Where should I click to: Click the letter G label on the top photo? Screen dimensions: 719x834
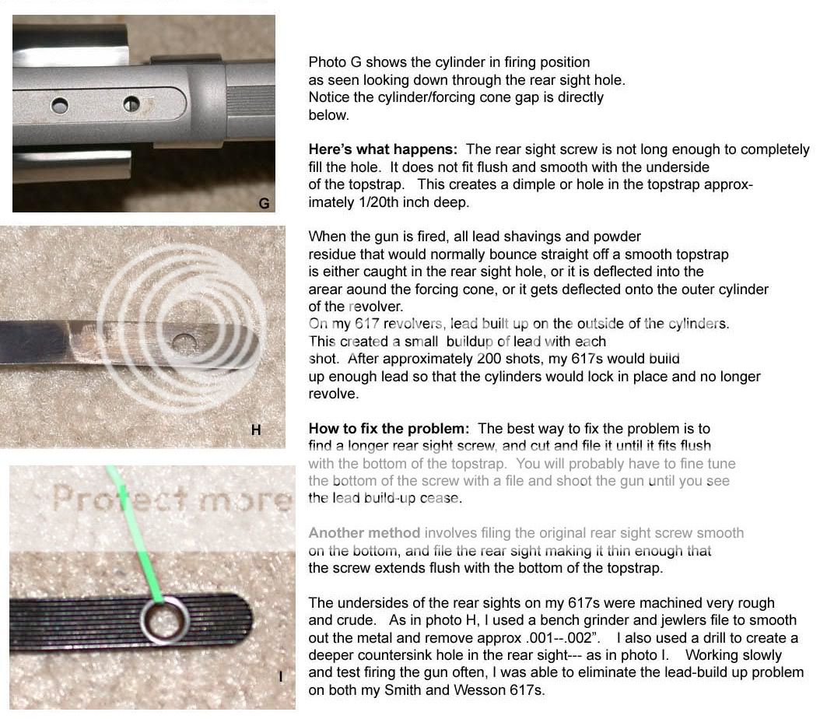[x=264, y=203]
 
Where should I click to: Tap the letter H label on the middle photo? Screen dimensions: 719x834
[x=256, y=430]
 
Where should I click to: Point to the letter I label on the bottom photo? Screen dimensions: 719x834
[x=281, y=677]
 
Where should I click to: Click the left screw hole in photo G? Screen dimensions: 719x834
[x=60, y=105]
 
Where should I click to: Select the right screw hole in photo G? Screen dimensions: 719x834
[x=131, y=103]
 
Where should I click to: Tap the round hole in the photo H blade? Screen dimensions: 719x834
[x=184, y=342]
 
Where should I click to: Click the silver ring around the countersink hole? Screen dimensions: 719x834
[x=165, y=621]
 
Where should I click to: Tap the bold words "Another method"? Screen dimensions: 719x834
[x=364, y=533]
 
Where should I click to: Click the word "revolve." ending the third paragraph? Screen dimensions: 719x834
[x=334, y=394]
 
